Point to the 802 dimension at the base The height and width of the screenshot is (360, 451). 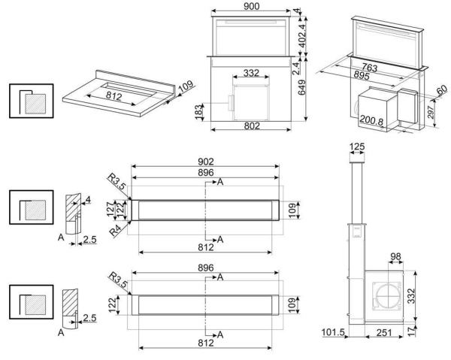(253, 126)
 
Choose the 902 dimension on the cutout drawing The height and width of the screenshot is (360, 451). (206, 161)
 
